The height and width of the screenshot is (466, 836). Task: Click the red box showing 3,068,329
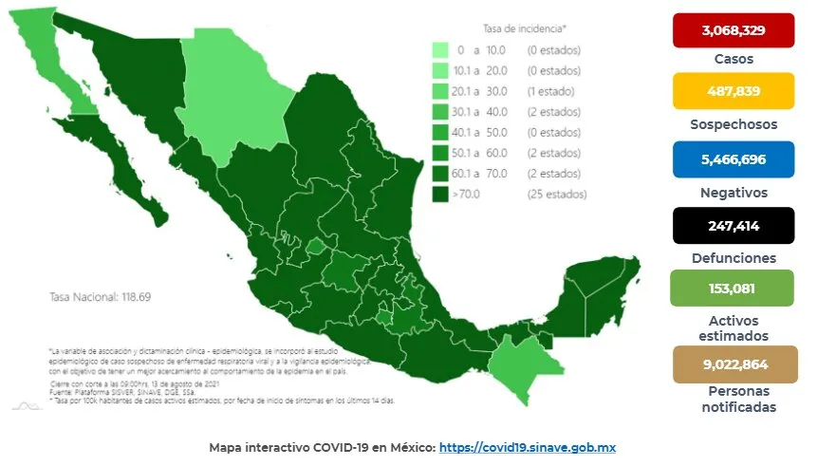pos(733,30)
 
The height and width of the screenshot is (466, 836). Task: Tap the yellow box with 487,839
pos(733,92)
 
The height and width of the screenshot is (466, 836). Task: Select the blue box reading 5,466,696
pos(733,159)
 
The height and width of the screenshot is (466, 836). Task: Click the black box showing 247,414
pos(733,227)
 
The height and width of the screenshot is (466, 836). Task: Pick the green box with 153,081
pos(733,289)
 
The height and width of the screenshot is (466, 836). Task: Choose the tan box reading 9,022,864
pos(733,363)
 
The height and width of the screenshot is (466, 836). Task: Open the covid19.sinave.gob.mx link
pos(530,446)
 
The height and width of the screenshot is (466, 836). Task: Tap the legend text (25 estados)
pos(556,195)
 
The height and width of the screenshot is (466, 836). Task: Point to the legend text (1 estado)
pos(552,92)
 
